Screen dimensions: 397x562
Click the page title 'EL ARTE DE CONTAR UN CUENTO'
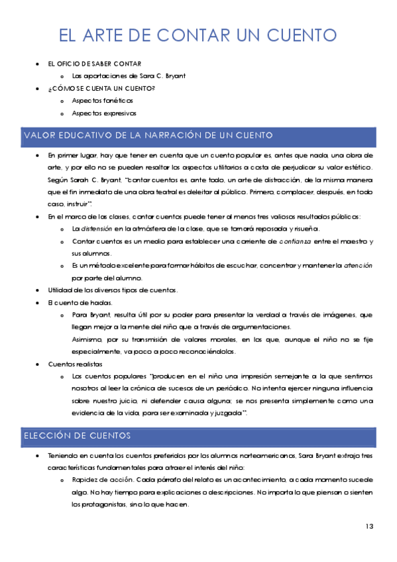[198, 34]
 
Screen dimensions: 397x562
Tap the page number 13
[369, 526]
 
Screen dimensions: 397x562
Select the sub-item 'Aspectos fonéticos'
[102, 101]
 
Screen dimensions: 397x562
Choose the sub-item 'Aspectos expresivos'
[104, 113]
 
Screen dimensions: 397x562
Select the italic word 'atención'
[359, 265]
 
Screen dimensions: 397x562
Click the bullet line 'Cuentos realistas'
[74, 364]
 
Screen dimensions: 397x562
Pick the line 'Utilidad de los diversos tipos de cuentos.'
[113, 290]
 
